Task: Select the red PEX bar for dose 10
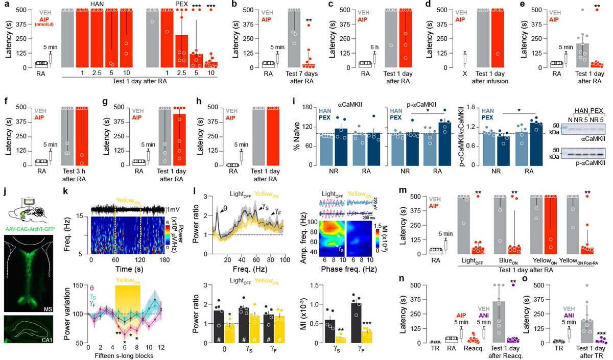click(x=209, y=64)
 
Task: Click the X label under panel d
click(x=464, y=73)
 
